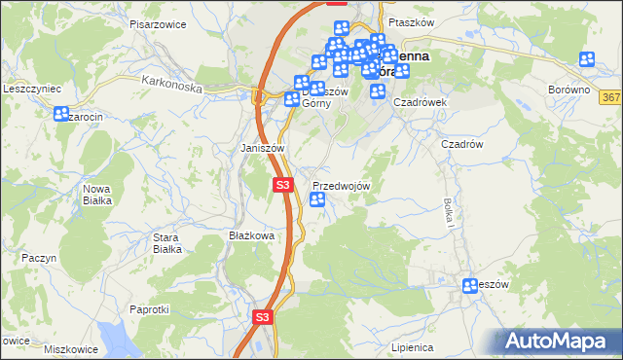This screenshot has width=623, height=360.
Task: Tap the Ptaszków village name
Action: (409, 21)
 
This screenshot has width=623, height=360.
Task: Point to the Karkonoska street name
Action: (170, 85)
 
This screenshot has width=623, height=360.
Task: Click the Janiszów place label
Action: (262, 148)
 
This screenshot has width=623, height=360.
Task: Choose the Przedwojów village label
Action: (341, 185)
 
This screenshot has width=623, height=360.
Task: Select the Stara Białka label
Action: (168, 242)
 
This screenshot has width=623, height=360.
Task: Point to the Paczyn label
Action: (40, 258)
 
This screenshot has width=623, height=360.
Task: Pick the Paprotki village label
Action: (149, 308)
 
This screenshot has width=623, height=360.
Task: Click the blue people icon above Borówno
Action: (587, 59)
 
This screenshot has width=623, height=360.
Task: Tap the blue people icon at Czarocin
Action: (58, 115)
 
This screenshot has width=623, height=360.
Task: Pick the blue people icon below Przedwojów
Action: (317, 200)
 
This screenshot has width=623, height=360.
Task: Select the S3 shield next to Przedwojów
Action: (282, 184)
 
